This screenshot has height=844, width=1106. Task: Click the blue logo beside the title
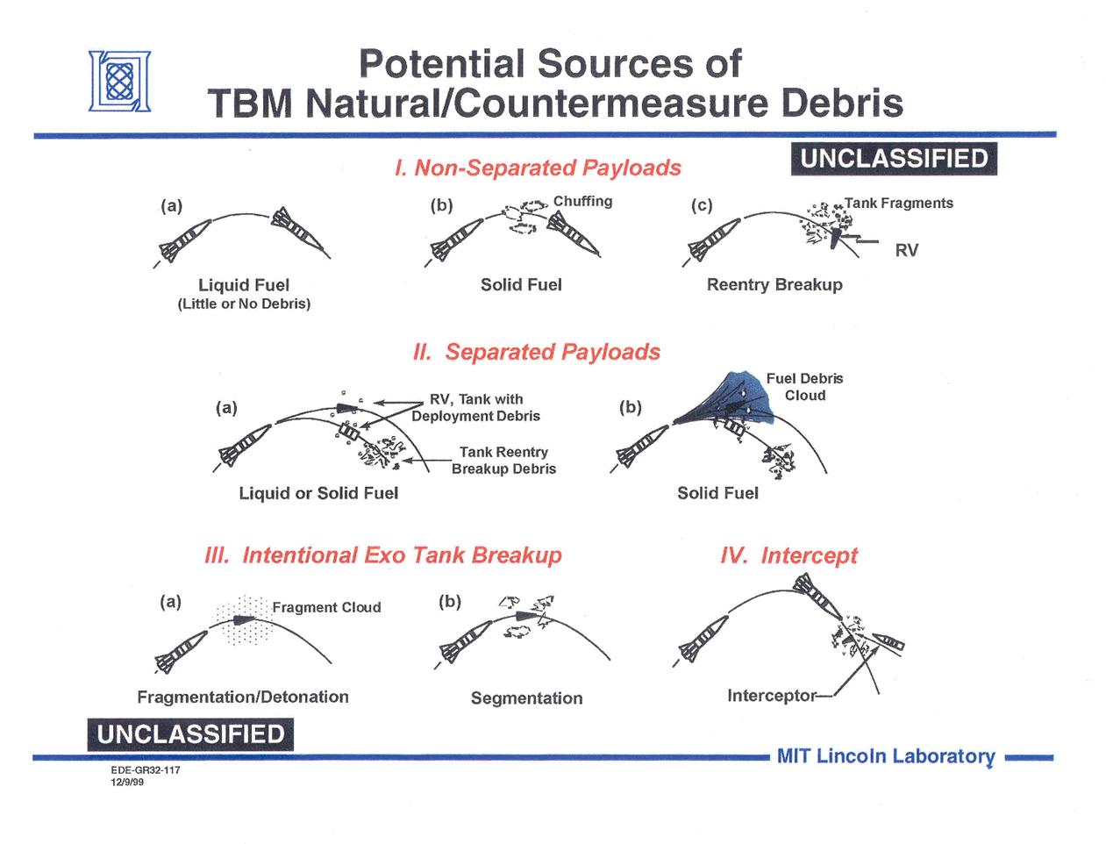[x=119, y=81]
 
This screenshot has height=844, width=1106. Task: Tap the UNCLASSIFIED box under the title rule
[x=894, y=159]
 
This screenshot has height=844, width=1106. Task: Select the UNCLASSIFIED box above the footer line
[x=190, y=734]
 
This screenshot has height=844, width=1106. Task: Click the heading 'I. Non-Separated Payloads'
[x=537, y=168]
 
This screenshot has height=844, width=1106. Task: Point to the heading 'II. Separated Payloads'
[x=536, y=351]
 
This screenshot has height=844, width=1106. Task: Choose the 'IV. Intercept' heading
[x=788, y=554]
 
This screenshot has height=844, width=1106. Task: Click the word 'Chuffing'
[x=582, y=201]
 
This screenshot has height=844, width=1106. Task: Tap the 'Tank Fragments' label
[x=899, y=203]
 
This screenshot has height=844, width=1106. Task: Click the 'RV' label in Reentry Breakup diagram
[x=907, y=250]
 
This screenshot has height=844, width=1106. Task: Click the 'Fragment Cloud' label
[x=326, y=607]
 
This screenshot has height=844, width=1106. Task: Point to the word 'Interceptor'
[x=771, y=696]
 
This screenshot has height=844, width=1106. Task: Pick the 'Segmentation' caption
[x=526, y=697]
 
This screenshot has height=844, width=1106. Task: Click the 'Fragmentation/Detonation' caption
[x=243, y=697]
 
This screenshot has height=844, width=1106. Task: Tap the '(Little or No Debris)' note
[x=244, y=304]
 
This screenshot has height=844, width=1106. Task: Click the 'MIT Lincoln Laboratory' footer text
[x=886, y=756]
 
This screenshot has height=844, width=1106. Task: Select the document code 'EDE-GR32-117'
[x=145, y=770]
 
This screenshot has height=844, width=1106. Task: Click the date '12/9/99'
[x=127, y=783]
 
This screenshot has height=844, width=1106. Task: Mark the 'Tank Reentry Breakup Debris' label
[x=503, y=460]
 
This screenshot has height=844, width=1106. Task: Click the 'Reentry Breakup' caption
[x=774, y=284]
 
